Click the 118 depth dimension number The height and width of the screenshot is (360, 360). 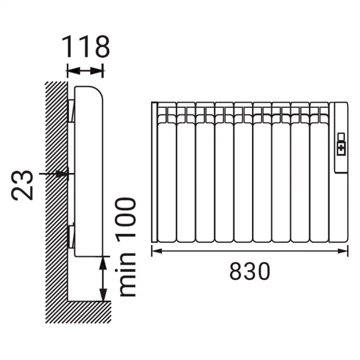(86, 47)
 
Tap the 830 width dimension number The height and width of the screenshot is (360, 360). (250, 271)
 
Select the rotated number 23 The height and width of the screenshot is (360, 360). (22, 185)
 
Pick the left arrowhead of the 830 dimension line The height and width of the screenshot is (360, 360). (157, 251)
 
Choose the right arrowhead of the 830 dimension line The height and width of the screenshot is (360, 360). (343, 251)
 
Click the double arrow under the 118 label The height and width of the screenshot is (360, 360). (85, 71)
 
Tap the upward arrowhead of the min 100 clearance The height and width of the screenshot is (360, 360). (103, 263)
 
